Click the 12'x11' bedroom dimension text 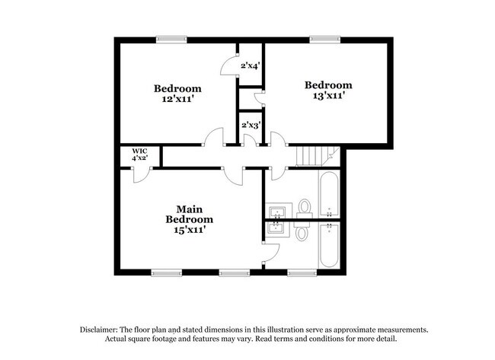tap(177, 99)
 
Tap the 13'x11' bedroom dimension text tap(329, 97)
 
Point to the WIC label tap(139, 151)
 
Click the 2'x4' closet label tap(251, 66)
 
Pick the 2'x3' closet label tap(251, 125)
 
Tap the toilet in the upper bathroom tap(305, 206)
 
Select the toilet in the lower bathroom tap(302, 232)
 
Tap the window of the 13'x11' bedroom tap(323, 39)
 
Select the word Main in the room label tap(189, 209)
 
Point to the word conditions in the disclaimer tap(356, 339)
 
